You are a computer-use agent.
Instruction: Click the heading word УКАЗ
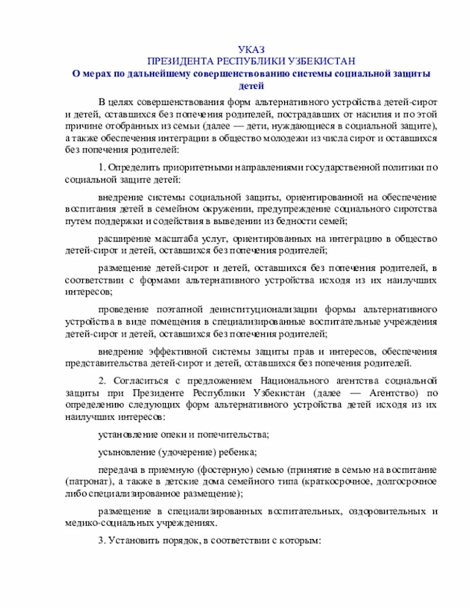251,48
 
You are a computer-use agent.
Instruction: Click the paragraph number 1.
101,168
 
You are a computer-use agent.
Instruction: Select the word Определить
133,168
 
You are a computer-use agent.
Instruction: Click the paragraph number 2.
101,382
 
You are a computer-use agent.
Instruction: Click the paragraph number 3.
101,542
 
